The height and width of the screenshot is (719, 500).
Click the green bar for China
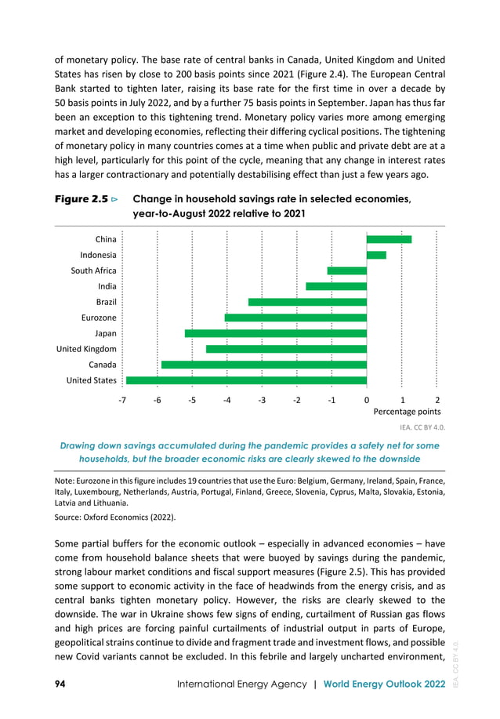tap(389, 239)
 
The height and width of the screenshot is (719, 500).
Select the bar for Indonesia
tap(376, 255)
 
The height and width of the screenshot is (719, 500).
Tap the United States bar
tap(246, 380)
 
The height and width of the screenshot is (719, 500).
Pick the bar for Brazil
tap(307, 302)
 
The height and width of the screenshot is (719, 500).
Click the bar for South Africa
tap(347, 271)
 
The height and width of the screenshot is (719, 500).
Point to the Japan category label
tap(100, 333)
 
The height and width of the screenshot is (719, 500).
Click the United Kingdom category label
tap(85, 349)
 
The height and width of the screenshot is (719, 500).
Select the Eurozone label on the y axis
tap(99, 318)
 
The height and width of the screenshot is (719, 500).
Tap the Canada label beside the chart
tap(103, 365)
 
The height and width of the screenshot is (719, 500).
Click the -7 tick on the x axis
tap(122, 399)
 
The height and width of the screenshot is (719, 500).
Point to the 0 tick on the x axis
tap(367, 399)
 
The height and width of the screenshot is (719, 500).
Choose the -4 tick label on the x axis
tap(226, 399)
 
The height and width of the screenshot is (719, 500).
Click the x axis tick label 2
tap(437, 399)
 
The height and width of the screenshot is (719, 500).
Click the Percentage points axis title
tap(407, 411)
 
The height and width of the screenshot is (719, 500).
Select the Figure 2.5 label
tap(81, 200)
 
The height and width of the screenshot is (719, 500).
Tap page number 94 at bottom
tap(60, 685)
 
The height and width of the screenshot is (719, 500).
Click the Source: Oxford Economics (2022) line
tap(115, 517)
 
